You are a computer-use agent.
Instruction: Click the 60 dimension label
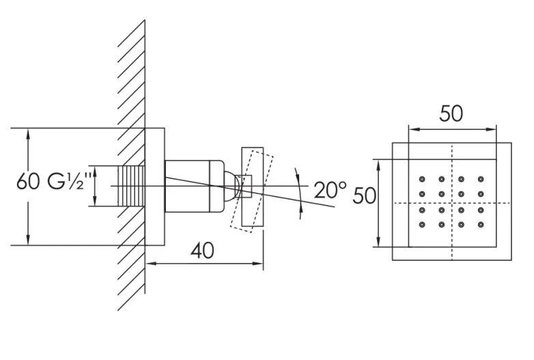[28, 183]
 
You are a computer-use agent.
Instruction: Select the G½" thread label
[66, 183]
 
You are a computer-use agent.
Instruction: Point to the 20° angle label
[331, 189]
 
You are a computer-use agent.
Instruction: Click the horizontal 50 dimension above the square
[451, 113]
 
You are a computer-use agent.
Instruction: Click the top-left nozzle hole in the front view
[422, 180]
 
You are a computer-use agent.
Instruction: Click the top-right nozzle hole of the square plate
[481, 180]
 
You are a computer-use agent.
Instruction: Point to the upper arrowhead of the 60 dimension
[28, 133]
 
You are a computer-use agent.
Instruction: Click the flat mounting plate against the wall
[155, 186]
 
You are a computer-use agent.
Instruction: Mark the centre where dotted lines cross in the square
[451, 203]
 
